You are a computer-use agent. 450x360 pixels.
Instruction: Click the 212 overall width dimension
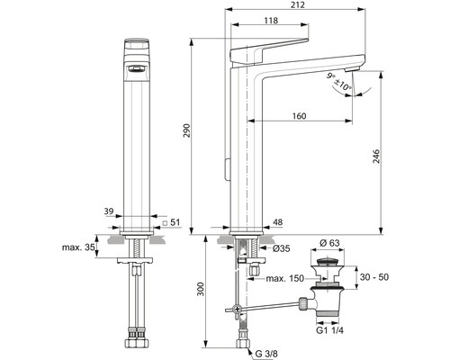coord(298,6)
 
